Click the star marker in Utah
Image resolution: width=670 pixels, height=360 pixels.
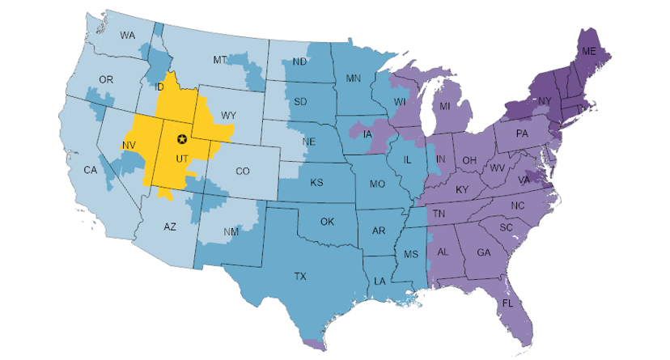[x=182, y=138]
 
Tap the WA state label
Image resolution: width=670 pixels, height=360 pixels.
[x=127, y=36]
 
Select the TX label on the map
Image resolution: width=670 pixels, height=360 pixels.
[x=299, y=277]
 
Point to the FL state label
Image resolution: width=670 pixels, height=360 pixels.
[x=508, y=303]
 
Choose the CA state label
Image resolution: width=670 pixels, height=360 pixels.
[x=90, y=170]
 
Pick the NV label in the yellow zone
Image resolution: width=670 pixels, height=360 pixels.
[x=128, y=145]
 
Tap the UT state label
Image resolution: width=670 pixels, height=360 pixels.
[x=182, y=157]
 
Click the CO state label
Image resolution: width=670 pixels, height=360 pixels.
[x=243, y=171]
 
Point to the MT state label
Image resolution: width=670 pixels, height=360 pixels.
[x=220, y=61]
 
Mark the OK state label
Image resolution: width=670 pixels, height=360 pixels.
[x=327, y=221]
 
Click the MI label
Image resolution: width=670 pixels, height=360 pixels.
[x=444, y=106]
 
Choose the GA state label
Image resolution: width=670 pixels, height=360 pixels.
[x=484, y=252]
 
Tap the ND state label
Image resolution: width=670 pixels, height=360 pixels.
[x=299, y=61]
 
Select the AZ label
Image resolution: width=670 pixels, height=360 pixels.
[x=169, y=227]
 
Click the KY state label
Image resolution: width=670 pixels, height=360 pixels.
[x=462, y=189]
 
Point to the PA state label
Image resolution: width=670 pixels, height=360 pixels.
[x=522, y=133]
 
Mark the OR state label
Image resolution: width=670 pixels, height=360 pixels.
[x=105, y=78]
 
